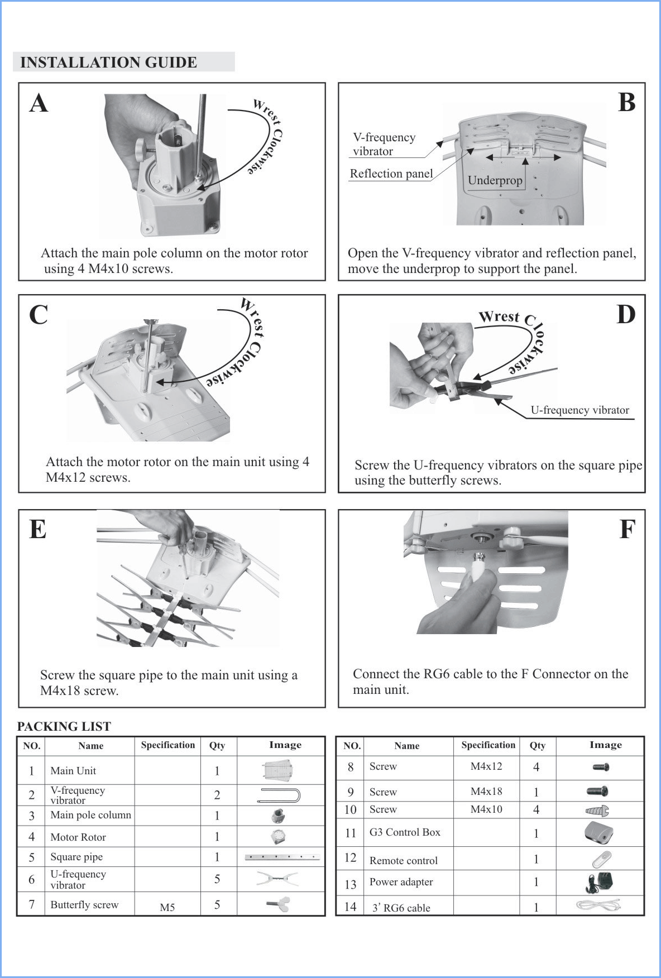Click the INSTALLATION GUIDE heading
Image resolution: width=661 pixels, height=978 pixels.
[108, 62]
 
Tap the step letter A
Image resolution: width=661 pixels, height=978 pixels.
[39, 103]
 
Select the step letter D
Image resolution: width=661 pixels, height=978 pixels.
[626, 314]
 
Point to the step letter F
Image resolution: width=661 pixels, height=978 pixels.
[628, 529]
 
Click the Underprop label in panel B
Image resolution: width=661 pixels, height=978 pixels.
[495, 180]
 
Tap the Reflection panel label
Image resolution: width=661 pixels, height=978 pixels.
[391, 174]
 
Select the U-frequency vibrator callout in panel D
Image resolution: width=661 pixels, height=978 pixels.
[579, 410]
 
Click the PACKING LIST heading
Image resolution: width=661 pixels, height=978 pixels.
[64, 726]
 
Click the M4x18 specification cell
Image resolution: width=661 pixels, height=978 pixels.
[486, 791]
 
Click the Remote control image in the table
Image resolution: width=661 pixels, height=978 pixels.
[601, 860]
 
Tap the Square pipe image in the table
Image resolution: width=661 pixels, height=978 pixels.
[282, 857]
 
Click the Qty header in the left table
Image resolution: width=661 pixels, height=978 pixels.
[217, 745]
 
